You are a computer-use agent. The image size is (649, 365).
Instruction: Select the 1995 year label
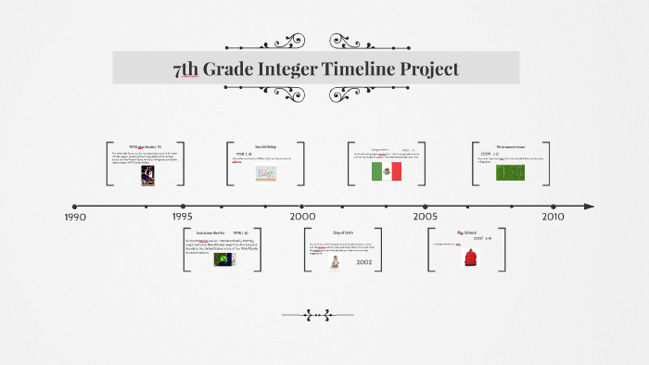click(x=183, y=217)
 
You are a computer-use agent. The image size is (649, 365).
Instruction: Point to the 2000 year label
click(x=302, y=217)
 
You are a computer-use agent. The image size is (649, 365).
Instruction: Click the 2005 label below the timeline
click(x=426, y=217)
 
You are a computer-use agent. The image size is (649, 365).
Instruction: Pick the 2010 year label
click(x=553, y=217)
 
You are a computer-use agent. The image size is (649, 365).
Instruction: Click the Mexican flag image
click(x=386, y=171)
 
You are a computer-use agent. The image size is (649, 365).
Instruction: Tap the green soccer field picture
click(x=510, y=171)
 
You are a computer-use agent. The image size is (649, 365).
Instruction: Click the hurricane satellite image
click(x=223, y=259)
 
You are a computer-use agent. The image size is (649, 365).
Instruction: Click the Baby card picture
click(x=265, y=172)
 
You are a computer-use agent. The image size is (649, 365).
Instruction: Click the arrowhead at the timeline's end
click(x=589, y=207)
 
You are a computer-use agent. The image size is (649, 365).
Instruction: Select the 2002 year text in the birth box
click(x=364, y=263)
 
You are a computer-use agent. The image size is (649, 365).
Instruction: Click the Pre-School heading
click(x=467, y=232)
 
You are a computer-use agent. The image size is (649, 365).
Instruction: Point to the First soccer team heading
click(x=511, y=145)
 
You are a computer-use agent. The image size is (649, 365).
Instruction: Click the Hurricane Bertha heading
click(x=211, y=233)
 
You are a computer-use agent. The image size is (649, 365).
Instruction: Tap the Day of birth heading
click(x=342, y=233)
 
